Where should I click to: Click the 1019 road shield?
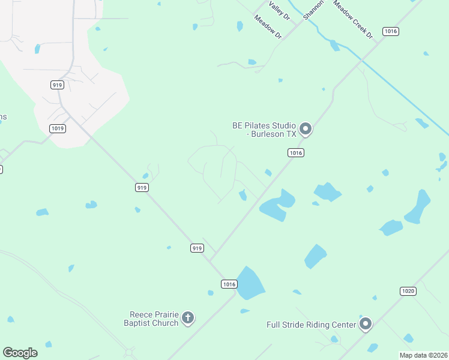(x=58, y=128)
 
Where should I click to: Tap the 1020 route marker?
(x=408, y=291)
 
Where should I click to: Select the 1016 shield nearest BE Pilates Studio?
(x=295, y=153)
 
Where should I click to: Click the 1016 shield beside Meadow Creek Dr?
(x=391, y=31)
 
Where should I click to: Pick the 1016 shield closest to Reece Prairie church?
(x=229, y=284)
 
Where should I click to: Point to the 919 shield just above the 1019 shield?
(x=58, y=85)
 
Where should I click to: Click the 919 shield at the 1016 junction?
(x=197, y=248)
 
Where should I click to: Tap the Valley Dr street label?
(x=280, y=10)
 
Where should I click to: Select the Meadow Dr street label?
(x=268, y=28)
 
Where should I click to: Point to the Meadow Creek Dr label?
(x=353, y=20)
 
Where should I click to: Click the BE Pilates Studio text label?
(x=265, y=130)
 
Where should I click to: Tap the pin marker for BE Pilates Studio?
(x=306, y=129)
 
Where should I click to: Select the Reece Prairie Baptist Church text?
(x=154, y=319)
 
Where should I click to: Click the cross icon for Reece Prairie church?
(x=188, y=318)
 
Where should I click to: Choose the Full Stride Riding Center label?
(x=312, y=325)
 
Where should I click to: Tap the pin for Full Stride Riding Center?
(x=366, y=324)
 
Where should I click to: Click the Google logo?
(x=20, y=353)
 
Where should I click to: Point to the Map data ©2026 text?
(x=424, y=355)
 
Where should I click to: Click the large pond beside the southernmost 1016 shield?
(x=250, y=283)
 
